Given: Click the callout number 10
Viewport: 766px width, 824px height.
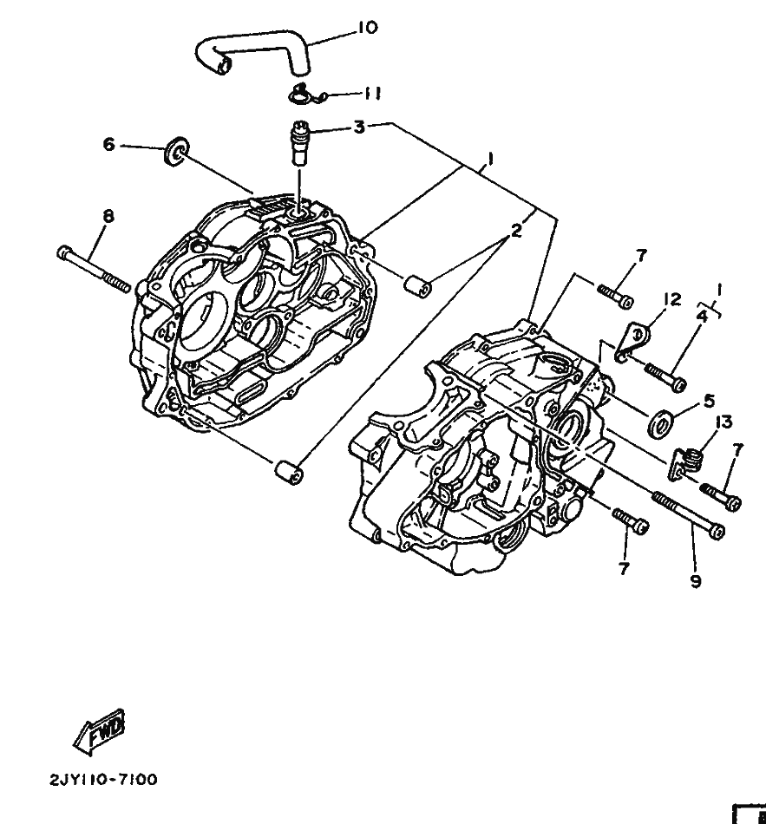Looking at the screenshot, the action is (x=368, y=28).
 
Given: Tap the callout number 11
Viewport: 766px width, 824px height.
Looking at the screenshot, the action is (x=372, y=94).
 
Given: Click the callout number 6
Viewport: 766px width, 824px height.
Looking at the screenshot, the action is (x=108, y=144).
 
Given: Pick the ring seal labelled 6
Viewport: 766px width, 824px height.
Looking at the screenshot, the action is (x=175, y=150).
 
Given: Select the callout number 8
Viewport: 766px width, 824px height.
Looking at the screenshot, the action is (x=108, y=215).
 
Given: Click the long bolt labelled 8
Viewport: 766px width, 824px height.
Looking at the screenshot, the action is (x=94, y=270).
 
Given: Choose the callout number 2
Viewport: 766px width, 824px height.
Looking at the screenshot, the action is (x=516, y=230).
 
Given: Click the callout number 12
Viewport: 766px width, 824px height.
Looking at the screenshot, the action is (x=672, y=299).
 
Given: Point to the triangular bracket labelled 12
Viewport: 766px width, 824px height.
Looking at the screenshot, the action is (x=632, y=342).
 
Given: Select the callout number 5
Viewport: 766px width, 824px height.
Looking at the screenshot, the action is (x=709, y=402).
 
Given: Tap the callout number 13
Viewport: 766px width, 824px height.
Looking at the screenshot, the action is (x=723, y=422).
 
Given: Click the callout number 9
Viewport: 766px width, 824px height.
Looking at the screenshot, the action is (x=696, y=581).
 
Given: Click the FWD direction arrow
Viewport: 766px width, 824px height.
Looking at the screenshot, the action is (x=100, y=732).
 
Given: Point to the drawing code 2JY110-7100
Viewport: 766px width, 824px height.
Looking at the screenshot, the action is (x=103, y=780).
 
